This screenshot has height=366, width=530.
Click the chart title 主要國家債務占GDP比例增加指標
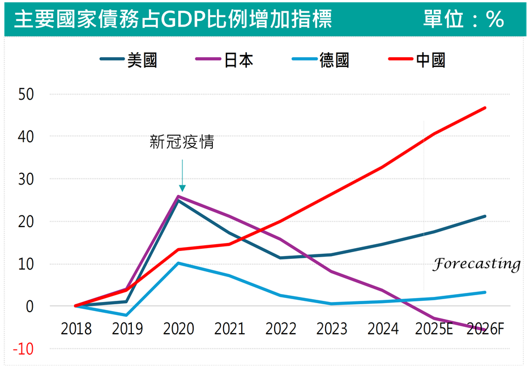(x=173, y=19)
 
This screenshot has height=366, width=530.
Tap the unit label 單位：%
(x=463, y=19)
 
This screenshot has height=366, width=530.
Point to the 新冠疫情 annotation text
(x=182, y=142)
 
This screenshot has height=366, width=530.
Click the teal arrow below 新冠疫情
(x=182, y=176)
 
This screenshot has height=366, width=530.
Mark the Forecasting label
(x=476, y=265)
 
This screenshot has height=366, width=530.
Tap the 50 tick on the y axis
(x=25, y=94)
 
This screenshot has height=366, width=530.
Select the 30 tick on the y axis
(x=25, y=179)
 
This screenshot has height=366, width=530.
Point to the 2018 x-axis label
(x=76, y=329)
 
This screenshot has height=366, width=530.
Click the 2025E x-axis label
(x=434, y=329)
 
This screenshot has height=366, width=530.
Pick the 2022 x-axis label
(x=281, y=329)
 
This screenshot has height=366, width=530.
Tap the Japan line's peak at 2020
(x=178, y=197)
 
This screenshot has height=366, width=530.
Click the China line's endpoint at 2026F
(x=485, y=108)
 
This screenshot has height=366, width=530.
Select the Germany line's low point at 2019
(x=126, y=315)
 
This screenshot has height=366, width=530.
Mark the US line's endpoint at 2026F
(x=485, y=216)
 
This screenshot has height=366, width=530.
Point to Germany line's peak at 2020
(x=178, y=263)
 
